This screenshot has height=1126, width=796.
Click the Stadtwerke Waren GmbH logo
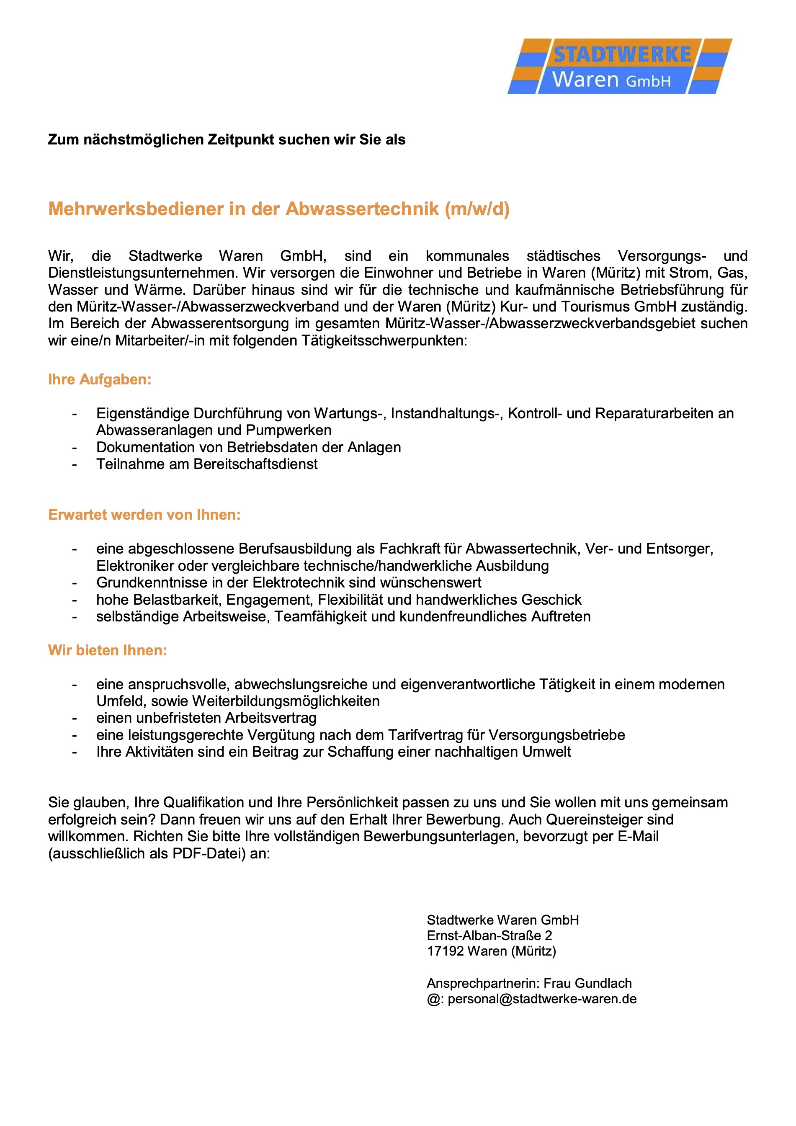tap(619, 67)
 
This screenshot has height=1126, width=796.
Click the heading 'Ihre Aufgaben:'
tap(100, 379)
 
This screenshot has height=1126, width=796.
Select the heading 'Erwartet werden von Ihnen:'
tap(144, 515)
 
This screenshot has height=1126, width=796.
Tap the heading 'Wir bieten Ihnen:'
tap(108, 650)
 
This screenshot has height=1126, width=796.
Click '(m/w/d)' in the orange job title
tap(477, 209)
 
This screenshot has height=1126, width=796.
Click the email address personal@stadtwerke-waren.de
tap(542, 999)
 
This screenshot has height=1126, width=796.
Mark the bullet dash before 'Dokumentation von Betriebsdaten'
tap(75, 448)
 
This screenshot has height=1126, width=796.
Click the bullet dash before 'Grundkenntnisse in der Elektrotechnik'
tap(75, 583)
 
